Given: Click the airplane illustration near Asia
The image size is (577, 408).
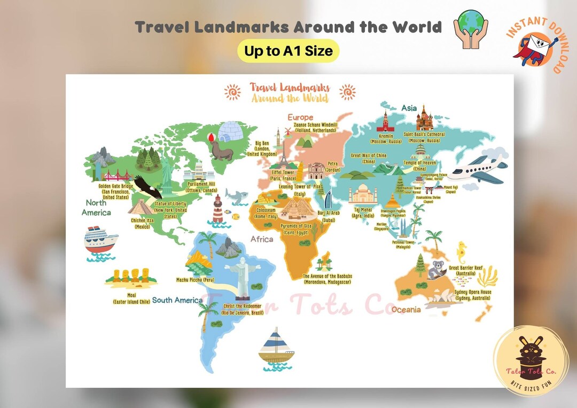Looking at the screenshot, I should click(x=477, y=170).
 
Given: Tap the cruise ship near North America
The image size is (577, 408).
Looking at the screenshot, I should click(x=100, y=241).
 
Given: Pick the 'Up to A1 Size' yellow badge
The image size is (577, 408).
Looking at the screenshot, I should click(x=288, y=51).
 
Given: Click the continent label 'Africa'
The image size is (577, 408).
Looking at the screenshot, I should click(x=262, y=239).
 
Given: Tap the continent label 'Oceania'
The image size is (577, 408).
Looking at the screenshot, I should click(x=406, y=309).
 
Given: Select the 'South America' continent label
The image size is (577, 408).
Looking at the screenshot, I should click(x=177, y=300).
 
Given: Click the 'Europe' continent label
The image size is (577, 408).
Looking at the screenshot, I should click(x=300, y=117).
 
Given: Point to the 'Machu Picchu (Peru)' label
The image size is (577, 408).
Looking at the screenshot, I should click(x=196, y=279).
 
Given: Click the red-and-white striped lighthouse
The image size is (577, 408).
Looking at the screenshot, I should click(x=218, y=209).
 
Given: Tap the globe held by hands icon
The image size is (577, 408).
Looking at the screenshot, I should click(x=471, y=30).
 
